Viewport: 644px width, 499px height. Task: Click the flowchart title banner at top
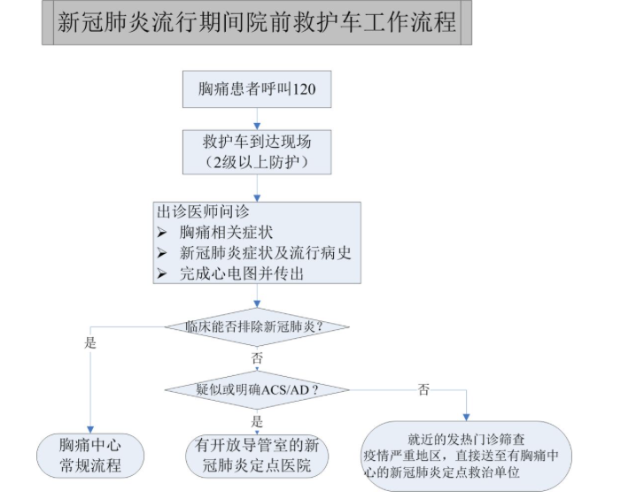(256, 22)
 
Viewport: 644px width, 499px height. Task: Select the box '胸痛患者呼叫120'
(257, 90)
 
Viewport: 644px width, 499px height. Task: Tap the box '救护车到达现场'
(257, 141)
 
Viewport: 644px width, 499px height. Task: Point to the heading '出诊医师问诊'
(203, 213)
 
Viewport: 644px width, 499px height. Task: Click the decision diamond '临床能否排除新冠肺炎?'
(257, 326)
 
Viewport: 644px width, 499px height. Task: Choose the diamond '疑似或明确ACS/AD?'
(257, 389)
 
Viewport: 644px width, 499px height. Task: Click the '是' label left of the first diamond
(90, 343)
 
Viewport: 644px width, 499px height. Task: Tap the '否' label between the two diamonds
(257, 360)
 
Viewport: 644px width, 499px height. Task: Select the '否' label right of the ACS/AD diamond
(424, 389)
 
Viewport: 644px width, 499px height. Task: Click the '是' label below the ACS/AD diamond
(257, 421)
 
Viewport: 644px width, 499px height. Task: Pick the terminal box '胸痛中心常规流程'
(89, 455)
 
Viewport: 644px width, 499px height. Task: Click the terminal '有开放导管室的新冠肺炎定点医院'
(257, 455)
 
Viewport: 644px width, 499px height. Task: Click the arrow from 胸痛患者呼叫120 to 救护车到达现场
(257, 119)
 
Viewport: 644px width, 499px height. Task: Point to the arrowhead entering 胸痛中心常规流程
(89, 427)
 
